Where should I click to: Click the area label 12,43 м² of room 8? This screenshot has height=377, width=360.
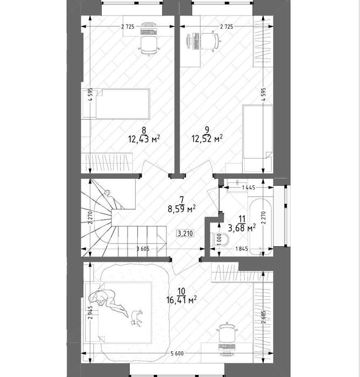click(x=144, y=139)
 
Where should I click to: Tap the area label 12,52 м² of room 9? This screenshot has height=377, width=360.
click(x=207, y=138)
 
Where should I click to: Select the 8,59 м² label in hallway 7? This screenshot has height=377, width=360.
click(x=181, y=209)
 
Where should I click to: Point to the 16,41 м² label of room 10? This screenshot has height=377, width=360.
click(x=181, y=300)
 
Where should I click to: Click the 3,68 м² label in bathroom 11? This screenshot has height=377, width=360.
click(x=242, y=228)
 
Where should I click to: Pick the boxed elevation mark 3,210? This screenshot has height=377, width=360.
click(x=185, y=233)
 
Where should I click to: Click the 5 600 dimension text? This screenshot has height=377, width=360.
click(x=177, y=353)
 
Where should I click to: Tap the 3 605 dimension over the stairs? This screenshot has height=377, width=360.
click(x=143, y=249)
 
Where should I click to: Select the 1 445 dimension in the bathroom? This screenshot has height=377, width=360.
click(x=248, y=187)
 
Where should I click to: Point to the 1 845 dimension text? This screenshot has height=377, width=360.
click(x=242, y=249)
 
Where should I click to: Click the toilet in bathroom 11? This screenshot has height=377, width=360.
click(x=220, y=240)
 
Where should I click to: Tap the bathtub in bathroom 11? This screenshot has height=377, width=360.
click(x=260, y=227)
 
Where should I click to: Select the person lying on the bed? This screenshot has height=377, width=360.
click(x=108, y=302)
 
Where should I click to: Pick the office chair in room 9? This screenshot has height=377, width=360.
click(x=210, y=41)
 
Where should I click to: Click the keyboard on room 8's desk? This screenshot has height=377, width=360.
click(x=149, y=32)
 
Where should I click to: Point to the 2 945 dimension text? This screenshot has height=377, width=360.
click(x=90, y=312)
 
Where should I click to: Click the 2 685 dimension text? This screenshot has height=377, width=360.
click(x=264, y=317)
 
